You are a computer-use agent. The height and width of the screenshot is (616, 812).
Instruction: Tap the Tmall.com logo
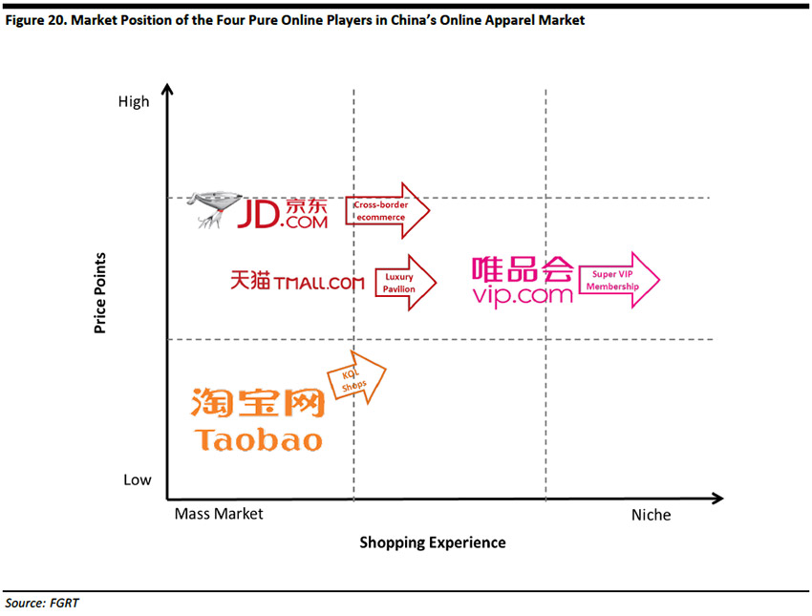(297, 282)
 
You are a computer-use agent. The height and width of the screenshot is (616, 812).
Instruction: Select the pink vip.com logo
(523, 281)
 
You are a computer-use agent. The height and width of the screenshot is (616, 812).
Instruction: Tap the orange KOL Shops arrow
(356, 380)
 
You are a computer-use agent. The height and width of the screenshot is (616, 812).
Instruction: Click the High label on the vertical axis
(134, 101)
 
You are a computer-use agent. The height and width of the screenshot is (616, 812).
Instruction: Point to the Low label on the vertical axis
(137, 479)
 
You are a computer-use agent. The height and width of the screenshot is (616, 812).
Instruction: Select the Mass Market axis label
(219, 514)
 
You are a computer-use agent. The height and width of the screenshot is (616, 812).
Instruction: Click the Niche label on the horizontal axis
(651, 515)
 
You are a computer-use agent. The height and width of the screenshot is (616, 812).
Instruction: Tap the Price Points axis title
(99, 293)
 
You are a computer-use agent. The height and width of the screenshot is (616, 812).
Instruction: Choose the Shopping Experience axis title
(432, 542)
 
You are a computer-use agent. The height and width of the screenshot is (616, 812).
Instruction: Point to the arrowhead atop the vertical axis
(168, 90)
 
